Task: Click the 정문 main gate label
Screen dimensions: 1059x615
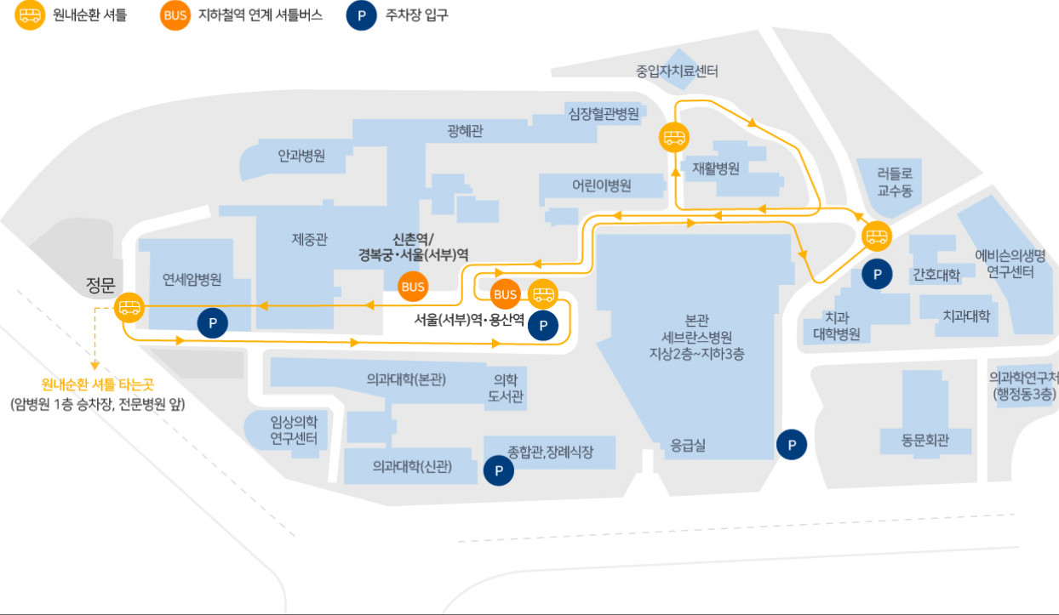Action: tap(100, 285)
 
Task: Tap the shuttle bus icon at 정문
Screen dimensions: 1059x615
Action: tap(129, 308)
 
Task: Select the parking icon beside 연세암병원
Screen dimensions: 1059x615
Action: tap(212, 323)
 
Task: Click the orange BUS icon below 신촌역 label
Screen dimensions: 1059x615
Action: tap(413, 287)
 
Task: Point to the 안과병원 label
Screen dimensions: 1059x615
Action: tap(301, 156)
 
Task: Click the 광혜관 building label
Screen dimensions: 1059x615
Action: tap(465, 131)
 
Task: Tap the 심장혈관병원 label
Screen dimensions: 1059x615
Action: tap(604, 113)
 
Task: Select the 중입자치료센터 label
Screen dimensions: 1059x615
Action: tap(677, 71)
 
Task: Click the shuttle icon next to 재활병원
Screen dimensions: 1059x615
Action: tap(673, 138)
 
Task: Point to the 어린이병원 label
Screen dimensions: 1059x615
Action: tap(601, 185)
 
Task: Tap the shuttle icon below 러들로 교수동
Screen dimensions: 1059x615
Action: tap(877, 236)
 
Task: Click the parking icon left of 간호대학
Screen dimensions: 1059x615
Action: tap(877, 274)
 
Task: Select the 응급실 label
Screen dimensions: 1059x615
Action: tap(688, 445)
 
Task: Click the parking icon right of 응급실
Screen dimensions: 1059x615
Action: tap(792, 445)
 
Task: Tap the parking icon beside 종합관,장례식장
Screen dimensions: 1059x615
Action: tap(498, 470)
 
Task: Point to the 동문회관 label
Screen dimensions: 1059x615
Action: tap(924, 441)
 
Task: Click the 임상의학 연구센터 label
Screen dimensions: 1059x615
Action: tap(294, 430)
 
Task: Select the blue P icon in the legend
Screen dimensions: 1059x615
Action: tap(361, 15)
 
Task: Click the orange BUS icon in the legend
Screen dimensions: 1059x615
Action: tap(175, 15)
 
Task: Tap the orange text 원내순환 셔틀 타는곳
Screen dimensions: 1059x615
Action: tap(97, 384)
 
